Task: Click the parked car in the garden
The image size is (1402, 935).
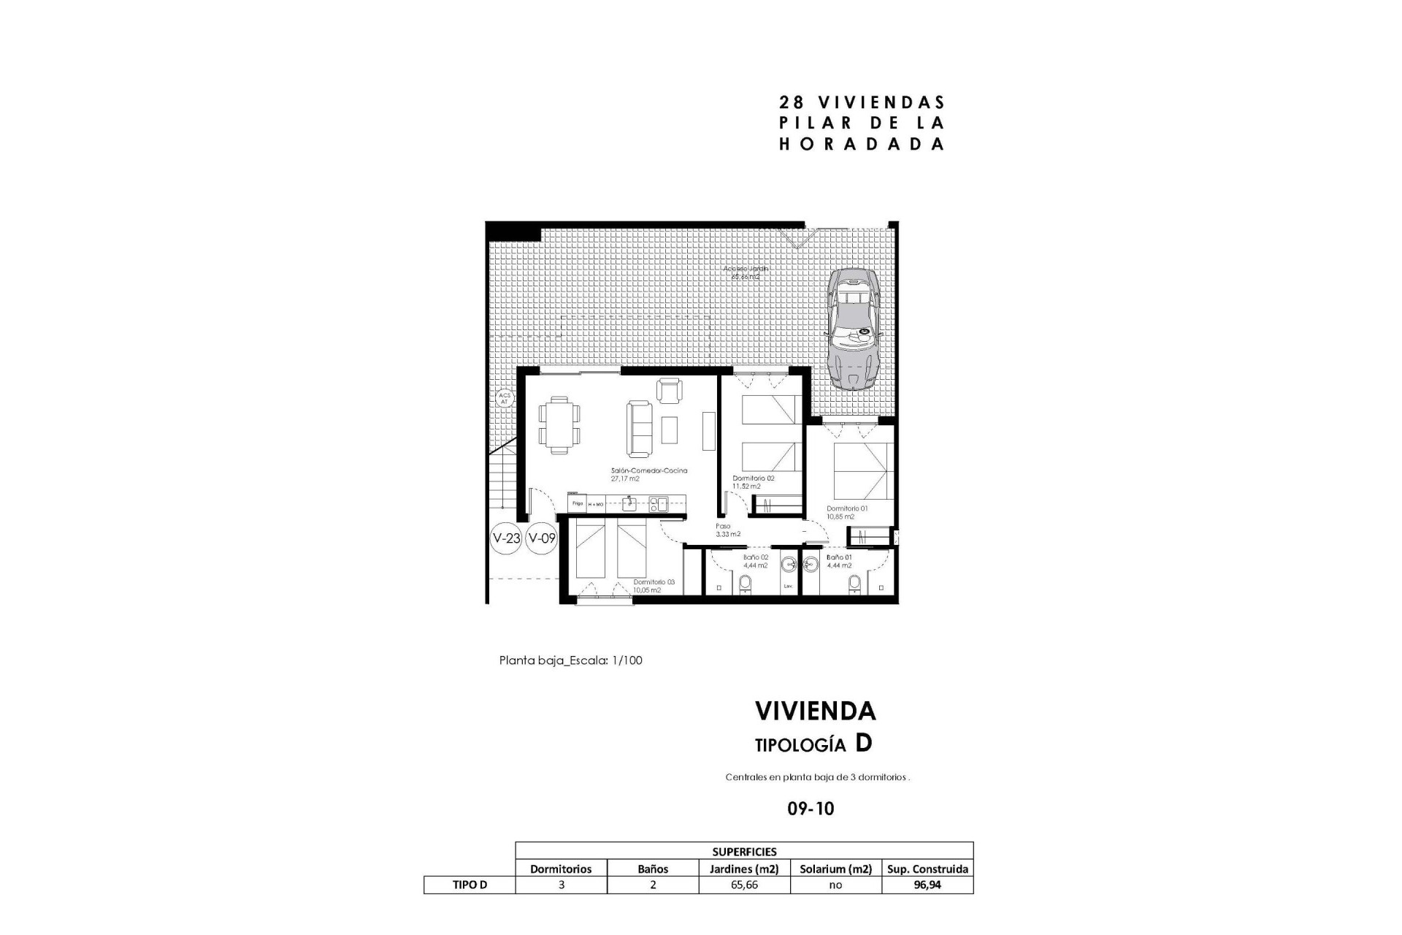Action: coord(854,328)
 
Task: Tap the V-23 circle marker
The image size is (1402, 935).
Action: coord(506,539)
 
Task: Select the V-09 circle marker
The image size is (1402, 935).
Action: coord(542,539)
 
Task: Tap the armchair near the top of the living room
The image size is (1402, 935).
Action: coord(669,389)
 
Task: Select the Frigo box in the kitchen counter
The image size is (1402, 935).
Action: coord(578,503)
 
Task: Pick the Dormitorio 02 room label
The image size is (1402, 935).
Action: coord(753,478)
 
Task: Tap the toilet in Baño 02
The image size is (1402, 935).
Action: coord(745,583)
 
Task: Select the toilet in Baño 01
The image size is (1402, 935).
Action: coord(854,583)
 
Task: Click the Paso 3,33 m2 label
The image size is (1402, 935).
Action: coord(727,530)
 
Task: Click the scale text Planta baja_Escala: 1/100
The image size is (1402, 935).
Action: coord(570,660)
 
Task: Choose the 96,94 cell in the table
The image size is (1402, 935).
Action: coord(927,885)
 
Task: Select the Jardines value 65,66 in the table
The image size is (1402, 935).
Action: coord(744,885)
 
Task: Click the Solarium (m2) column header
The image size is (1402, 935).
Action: coord(835,869)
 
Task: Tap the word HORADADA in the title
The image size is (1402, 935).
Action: coord(862,144)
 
